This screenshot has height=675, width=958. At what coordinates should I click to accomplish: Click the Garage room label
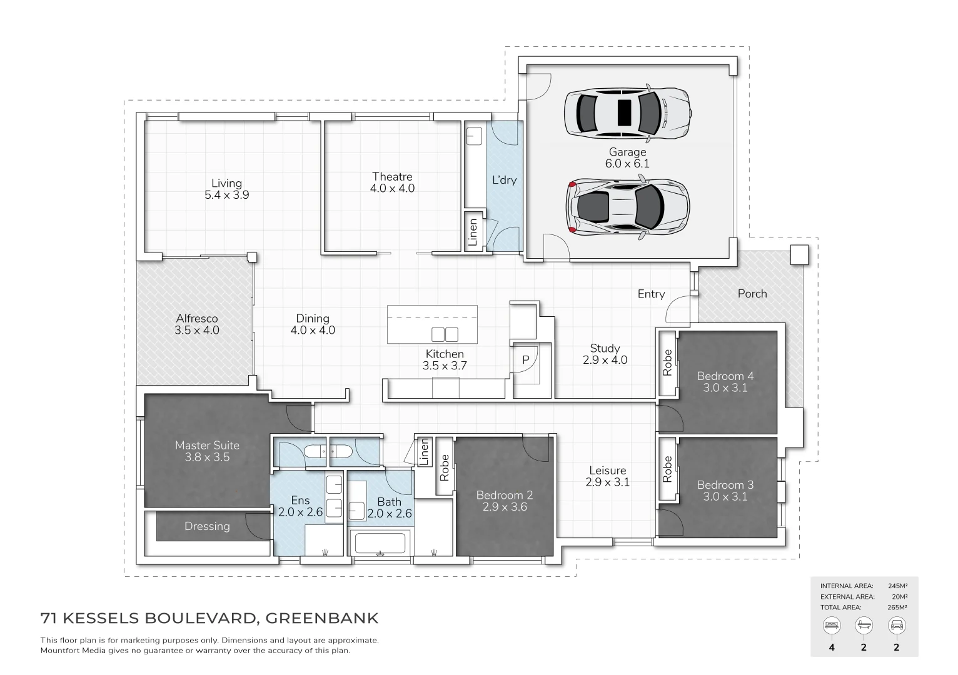(627, 157)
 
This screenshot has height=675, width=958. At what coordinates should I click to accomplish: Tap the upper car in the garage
(627, 113)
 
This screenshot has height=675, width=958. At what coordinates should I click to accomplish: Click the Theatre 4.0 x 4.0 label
(392, 182)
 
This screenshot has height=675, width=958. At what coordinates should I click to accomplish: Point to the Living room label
(226, 189)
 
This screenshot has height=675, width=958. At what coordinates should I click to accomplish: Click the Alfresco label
(196, 324)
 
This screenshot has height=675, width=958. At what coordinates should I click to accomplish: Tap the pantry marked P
(525, 360)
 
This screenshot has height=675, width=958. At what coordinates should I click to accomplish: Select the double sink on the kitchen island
(445, 334)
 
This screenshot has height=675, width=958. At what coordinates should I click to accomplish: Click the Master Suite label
(207, 451)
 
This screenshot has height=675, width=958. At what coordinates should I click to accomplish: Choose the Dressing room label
(207, 526)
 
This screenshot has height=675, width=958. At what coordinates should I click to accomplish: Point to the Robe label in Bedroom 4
(667, 362)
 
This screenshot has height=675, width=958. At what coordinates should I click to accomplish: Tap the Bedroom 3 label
(725, 491)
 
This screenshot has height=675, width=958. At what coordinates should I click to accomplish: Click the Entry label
(651, 294)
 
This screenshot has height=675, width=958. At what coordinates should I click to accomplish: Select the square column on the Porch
(799, 254)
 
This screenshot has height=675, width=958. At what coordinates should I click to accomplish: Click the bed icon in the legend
(832, 625)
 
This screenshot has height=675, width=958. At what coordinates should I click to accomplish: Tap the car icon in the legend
(896, 625)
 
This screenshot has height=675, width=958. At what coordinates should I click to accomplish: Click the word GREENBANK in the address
(322, 619)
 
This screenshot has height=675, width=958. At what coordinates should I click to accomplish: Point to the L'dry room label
(504, 180)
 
